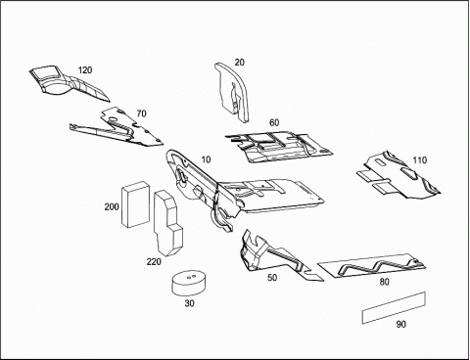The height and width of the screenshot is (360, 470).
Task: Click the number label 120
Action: click(x=85, y=70)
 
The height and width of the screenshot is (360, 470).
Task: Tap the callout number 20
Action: click(x=240, y=63)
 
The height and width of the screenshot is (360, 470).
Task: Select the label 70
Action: click(x=141, y=113)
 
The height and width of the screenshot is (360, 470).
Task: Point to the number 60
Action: click(x=274, y=122)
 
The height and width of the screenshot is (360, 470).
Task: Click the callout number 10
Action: click(x=206, y=159)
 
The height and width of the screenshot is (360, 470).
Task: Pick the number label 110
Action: click(x=420, y=160)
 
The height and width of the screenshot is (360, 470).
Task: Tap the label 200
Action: click(x=112, y=206)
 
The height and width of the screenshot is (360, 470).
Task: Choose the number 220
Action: click(x=154, y=261)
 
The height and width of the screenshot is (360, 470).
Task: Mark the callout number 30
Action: click(x=189, y=303)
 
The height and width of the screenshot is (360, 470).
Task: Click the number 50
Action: click(x=272, y=278)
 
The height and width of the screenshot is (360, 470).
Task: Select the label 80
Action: click(x=385, y=282)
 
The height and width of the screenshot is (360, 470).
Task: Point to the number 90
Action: click(x=401, y=325)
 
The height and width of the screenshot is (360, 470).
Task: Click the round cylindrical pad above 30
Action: click(x=189, y=283)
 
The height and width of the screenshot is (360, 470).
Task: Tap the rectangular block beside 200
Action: click(x=136, y=204)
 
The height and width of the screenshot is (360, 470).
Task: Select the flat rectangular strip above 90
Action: click(x=394, y=308)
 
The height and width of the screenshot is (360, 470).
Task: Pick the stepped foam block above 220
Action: click(x=167, y=222)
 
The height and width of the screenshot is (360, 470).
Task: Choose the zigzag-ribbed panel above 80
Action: click(x=372, y=266)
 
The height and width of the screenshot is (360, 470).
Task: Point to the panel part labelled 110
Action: click(x=399, y=176)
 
